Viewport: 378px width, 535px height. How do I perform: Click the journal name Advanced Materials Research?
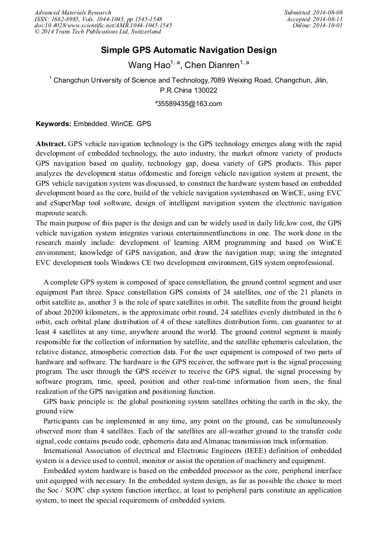pos(72,12)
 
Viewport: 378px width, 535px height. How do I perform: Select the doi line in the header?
pos(103,26)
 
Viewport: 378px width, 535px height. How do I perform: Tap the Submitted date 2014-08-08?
pos(329,12)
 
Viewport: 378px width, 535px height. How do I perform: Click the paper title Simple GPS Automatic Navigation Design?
pos(188,50)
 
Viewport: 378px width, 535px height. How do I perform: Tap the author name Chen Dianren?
pos(212,65)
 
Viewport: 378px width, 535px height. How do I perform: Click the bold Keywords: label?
pos(54,123)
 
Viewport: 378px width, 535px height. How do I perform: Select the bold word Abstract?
pos(51,143)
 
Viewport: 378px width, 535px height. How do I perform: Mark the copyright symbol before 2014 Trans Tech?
pos(37,32)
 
